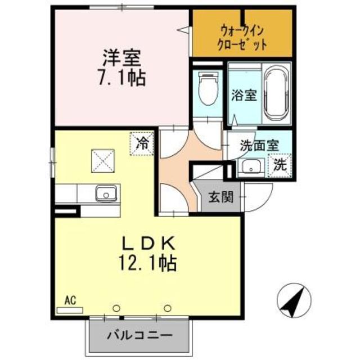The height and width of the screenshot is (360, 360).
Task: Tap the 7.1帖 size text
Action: point(122,77)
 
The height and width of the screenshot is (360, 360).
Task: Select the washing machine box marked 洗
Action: point(280,166)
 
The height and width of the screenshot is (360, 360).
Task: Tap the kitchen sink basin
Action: point(105,194)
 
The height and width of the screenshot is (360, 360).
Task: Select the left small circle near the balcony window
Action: point(116,308)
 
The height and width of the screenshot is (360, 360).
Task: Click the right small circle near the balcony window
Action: point(168,308)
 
